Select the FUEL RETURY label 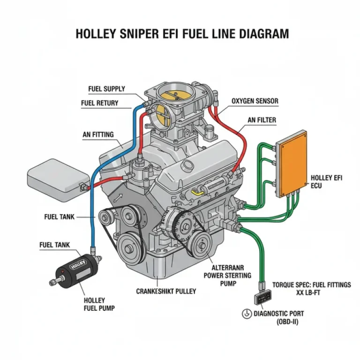(x=99, y=103)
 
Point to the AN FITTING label (x=98, y=135)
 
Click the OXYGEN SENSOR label (x=255, y=101)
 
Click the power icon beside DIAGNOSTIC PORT (x=246, y=315)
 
